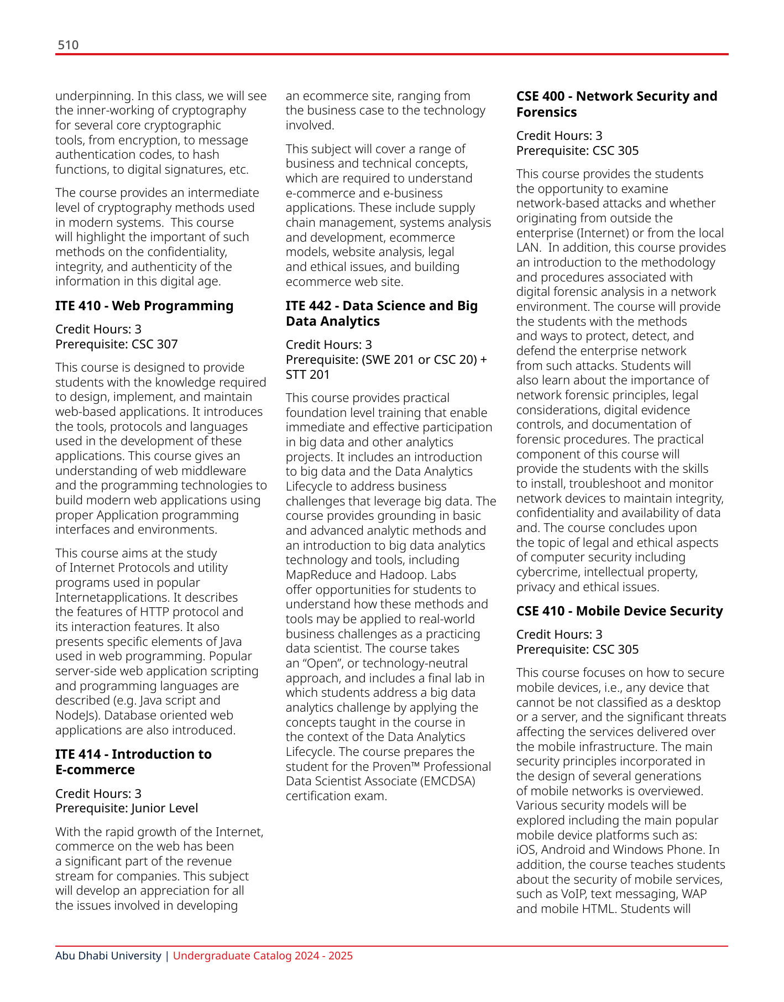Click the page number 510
(68, 45)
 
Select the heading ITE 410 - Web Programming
(144, 306)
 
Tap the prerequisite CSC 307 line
(117, 344)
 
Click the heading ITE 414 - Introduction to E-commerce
(133, 762)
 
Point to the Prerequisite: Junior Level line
(127, 808)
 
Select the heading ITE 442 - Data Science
(381, 314)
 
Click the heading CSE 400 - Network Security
(616, 104)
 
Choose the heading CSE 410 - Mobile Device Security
(619, 610)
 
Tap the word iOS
(526, 849)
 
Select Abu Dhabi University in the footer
(108, 956)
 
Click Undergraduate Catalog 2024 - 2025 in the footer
(263, 956)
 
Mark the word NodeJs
(77, 715)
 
